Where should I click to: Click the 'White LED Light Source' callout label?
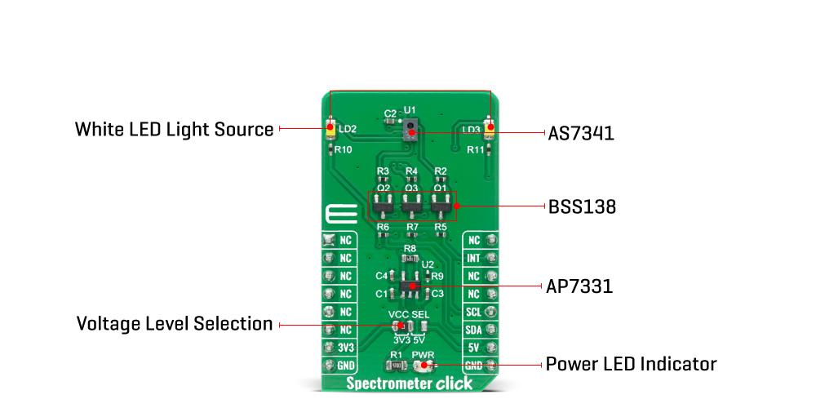point(174,129)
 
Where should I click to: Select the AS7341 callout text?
point(580,133)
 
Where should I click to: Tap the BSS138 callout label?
point(581,207)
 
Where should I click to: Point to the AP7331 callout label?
point(579,286)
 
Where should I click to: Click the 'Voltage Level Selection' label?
point(174,324)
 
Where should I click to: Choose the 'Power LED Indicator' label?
point(631,363)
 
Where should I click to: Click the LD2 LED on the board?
point(330,129)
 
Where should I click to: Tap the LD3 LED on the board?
point(490,129)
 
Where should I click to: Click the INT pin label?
point(473,258)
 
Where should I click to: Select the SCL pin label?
point(473,312)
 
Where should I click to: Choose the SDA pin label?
point(473,330)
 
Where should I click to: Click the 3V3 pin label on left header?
point(346,348)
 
